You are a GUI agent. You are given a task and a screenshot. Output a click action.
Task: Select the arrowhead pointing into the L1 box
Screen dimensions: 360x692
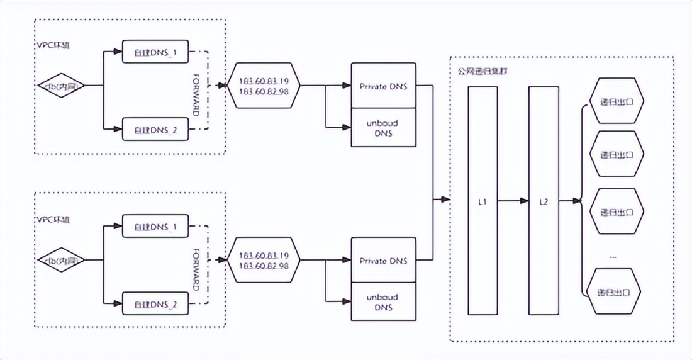[x=445, y=201]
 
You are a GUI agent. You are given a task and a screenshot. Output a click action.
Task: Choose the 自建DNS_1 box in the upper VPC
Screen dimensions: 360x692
[x=155, y=52]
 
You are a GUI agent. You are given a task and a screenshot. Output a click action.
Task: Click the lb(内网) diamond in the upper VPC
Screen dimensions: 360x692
[x=62, y=85]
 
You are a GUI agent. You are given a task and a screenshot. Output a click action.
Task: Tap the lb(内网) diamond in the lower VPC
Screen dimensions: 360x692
[x=62, y=259]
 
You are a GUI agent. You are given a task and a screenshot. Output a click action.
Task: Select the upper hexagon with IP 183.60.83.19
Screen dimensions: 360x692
[x=264, y=86]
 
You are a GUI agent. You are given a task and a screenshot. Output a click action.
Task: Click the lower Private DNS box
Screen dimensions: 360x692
[x=382, y=261]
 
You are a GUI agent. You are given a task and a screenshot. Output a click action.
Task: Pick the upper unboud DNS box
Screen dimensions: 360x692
[x=382, y=128]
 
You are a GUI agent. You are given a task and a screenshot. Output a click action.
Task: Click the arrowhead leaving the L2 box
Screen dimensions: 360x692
[x=576, y=201]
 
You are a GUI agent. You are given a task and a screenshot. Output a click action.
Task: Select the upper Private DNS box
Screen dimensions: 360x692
[x=382, y=86]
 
